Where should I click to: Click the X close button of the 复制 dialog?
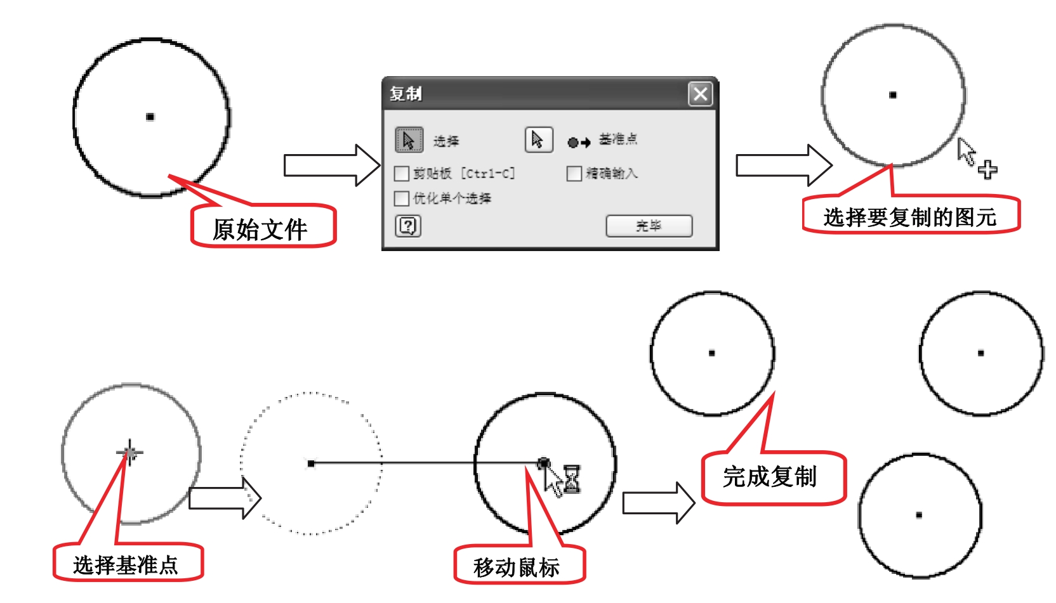700,94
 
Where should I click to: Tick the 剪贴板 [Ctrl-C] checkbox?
401,173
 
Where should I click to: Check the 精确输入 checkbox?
574,173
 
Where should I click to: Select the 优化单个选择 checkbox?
401,198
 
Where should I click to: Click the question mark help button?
408,226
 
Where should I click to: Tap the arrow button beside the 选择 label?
409,139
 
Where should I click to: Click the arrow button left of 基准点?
538,139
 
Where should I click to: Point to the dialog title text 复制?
406,94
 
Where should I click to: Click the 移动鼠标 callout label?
517,567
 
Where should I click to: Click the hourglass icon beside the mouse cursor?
572,479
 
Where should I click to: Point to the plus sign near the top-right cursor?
987,169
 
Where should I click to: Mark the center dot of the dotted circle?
311,464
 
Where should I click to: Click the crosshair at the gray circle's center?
129,453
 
